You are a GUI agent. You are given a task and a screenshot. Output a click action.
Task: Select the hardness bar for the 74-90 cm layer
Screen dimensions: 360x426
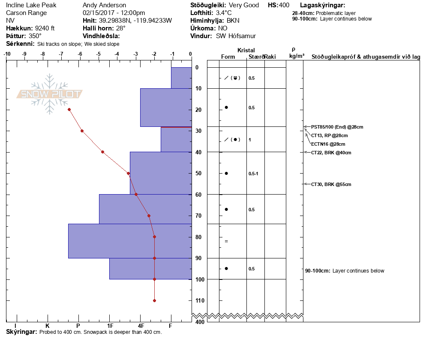pos(130,241)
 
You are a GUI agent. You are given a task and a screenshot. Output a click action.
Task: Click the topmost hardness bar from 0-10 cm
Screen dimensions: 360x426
pos(181,78)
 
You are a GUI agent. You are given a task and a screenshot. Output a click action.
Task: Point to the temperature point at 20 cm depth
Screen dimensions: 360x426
pos(69,110)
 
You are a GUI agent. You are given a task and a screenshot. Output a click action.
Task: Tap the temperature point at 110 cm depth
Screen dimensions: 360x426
pos(154,300)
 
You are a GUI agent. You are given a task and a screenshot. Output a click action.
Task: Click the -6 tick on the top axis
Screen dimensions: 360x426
pos(80,54)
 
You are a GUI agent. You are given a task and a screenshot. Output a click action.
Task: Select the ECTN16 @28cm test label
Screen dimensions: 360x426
pos(328,144)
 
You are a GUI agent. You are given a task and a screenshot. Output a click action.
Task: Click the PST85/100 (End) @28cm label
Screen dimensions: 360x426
pos(337,127)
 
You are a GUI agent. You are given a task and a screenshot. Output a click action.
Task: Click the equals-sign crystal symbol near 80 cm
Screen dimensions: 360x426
pos(226,241)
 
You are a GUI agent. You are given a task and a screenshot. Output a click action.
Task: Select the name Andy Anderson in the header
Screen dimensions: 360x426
pos(104,5)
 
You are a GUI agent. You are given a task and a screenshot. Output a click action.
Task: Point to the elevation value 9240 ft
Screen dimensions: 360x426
pos(42,28)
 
